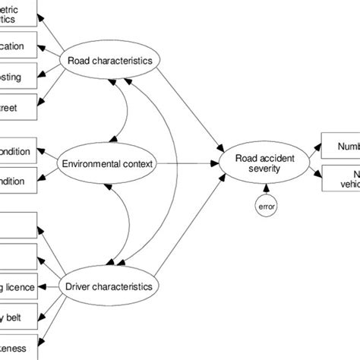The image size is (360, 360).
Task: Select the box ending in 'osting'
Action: tap(17, 77)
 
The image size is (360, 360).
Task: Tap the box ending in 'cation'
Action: tap(17, 46)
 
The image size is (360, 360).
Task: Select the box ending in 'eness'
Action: tap(17, 347)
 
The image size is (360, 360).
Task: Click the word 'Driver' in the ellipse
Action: tap(81, 286)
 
